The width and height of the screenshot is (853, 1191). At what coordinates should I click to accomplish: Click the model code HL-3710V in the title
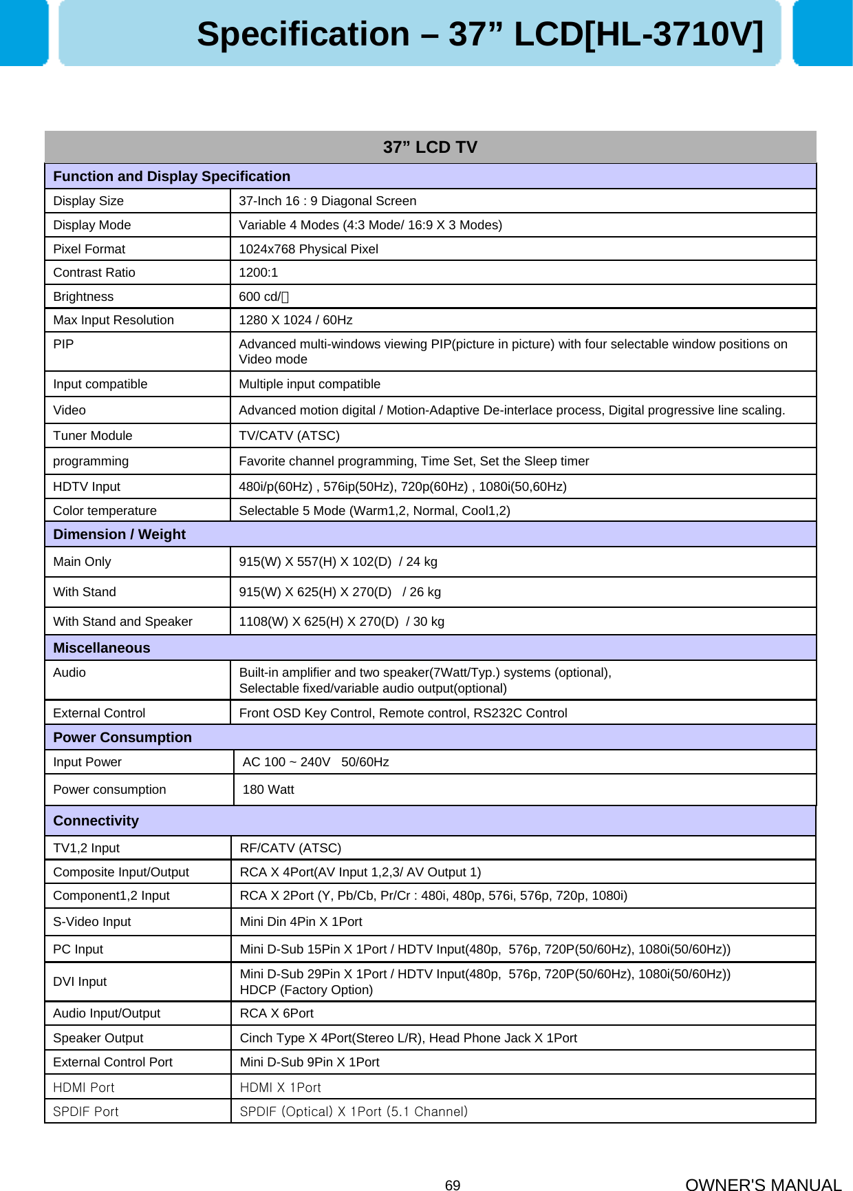673,34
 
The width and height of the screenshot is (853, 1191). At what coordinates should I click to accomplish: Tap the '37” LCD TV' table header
430,147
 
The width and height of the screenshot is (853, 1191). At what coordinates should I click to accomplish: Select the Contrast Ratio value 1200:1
258,273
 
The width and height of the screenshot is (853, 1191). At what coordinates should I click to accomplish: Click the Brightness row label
83,297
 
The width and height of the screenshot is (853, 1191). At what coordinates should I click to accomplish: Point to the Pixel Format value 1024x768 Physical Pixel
308,249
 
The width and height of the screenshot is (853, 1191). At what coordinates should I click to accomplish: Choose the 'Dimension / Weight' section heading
119,534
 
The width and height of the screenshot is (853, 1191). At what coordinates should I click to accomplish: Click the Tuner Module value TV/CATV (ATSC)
289,436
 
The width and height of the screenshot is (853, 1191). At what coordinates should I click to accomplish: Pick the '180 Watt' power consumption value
268,790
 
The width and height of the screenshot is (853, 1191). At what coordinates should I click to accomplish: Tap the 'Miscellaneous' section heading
101,648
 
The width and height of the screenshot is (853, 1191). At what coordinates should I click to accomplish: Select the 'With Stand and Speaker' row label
122,622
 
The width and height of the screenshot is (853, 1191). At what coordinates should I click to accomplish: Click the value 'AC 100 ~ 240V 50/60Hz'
316,762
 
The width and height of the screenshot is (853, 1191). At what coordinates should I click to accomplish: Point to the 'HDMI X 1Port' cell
280,1088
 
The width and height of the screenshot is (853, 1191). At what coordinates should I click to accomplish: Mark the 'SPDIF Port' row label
85,1112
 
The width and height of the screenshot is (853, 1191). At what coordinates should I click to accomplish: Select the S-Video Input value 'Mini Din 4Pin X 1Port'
301,922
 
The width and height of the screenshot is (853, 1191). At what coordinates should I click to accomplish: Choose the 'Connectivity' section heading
96,821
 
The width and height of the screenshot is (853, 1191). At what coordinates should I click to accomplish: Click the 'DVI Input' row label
80,982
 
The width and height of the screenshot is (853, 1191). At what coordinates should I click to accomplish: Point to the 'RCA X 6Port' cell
277,1013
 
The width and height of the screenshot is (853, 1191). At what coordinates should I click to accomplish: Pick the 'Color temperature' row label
105,511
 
